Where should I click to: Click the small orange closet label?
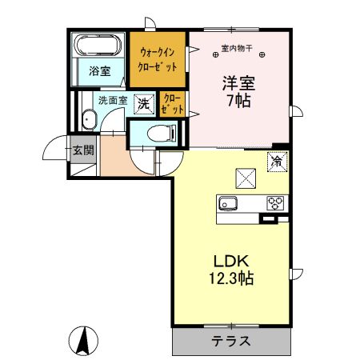171,104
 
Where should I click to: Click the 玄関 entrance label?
83,149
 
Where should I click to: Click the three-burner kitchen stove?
276,202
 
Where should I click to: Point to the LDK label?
231,262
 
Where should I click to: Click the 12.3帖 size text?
231,280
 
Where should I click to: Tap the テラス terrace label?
231,342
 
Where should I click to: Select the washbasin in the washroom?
89,121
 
